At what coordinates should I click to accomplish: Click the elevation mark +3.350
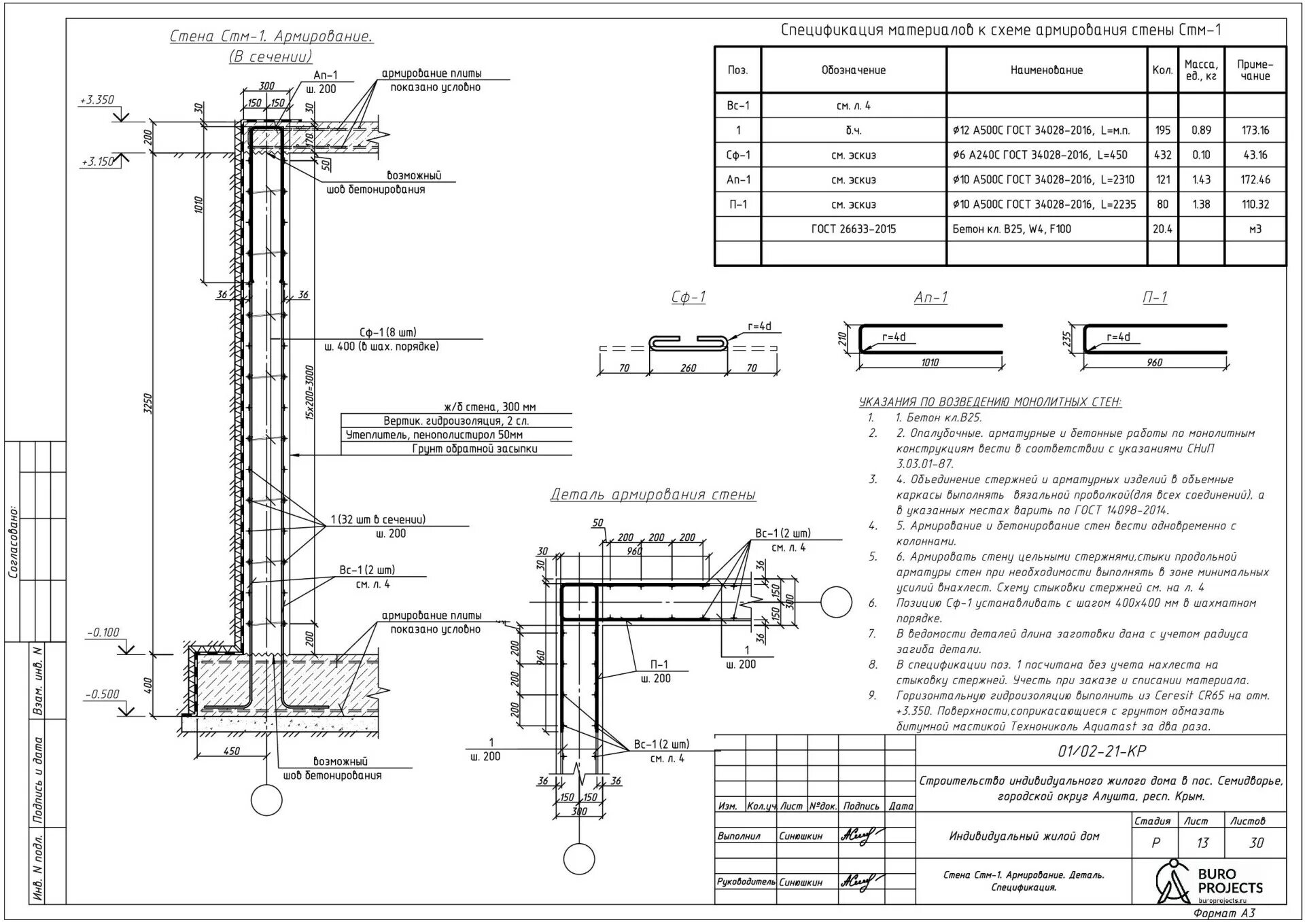click(97, 100)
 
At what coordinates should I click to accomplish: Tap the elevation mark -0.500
click(103, 694)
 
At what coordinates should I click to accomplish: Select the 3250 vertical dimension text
click(148, 404)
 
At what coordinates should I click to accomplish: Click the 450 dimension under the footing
click(231, 751)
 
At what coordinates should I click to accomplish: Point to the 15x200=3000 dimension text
click(309, 393)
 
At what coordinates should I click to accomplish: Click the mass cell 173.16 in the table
click(1255, 130)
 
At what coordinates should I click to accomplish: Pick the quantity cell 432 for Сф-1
click(1162, 155)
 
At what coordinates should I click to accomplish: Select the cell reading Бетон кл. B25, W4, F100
click(1011, 229)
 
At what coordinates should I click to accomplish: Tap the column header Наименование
click(1046, 70)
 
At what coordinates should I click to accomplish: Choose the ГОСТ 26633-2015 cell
click(853, 229)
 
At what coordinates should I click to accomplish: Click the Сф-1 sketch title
click(688, 297)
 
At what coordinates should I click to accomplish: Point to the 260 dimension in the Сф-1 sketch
click(688, 368)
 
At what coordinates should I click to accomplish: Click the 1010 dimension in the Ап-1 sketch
click(929, 362)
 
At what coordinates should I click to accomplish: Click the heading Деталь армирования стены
click(652, 495)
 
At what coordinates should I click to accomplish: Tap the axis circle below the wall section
click(266, 800)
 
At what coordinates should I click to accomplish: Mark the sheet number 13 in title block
click(1202, 843)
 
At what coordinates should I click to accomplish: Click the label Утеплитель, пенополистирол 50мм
click(434, 435)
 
